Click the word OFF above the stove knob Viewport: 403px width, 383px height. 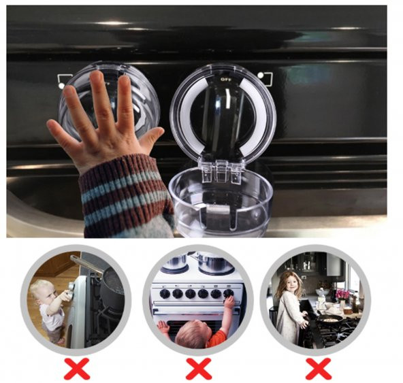pos(225,80)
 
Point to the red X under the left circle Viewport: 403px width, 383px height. pos(77,369)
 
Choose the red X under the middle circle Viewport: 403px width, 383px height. pos(199,369)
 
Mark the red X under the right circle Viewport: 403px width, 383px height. pos(319,369)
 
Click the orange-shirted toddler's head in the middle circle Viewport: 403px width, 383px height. pos(192,331)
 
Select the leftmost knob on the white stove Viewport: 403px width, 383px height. pos(165,294)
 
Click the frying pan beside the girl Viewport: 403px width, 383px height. pos(329,319)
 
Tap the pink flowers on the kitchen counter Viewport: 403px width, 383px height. pos(342,294)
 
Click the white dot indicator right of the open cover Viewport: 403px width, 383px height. pos(261,76)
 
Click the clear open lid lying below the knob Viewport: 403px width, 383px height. pos(219,203)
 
